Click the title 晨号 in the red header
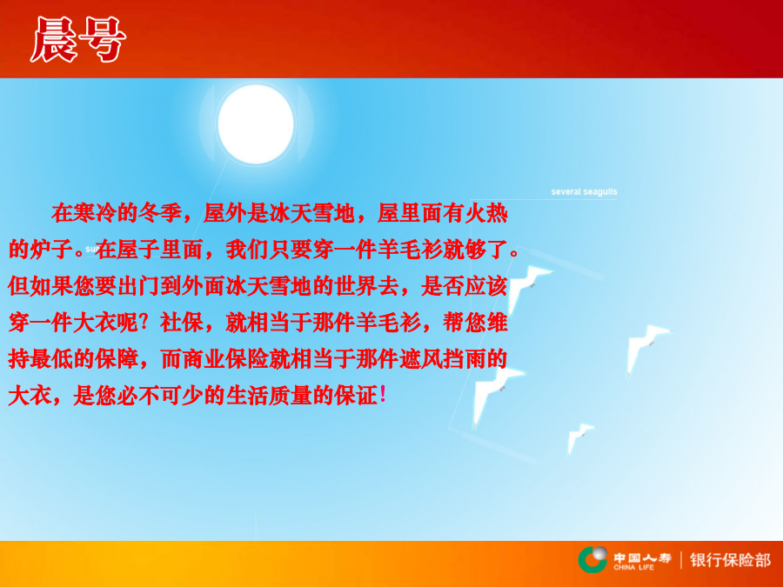tap(78, 39)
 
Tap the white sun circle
tap(256, 123)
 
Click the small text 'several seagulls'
tap(584, 191)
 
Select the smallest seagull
tap(580, 437)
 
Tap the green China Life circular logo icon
tap(592, 559)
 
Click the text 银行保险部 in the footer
tap(730, 560)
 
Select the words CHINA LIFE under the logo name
tap(633, 568)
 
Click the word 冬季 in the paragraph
tap(160, 213)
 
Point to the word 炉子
tap(52, 250)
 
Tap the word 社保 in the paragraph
tap(182, 323)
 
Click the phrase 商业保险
tap(225, 359)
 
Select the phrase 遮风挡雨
tap(443, 359)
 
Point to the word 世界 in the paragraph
tap(356, 286)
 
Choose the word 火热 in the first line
tap(486, 213)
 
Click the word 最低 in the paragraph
tap(52, 359)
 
